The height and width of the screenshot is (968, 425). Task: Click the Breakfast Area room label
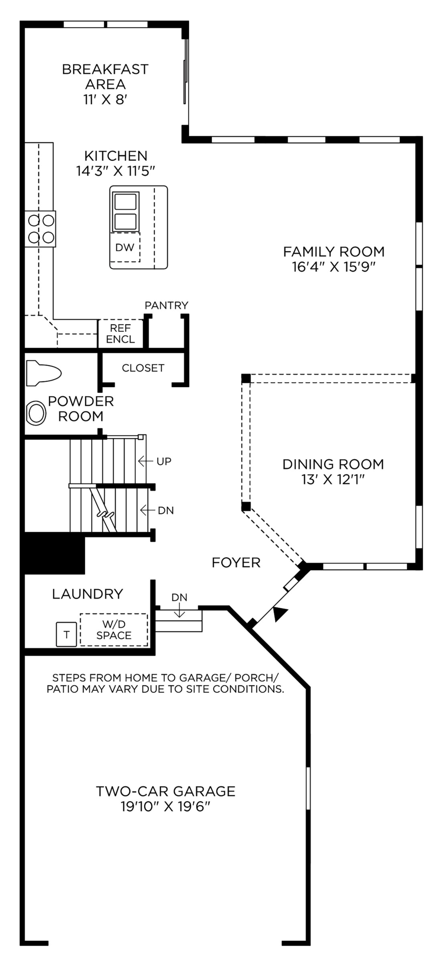(105, 76)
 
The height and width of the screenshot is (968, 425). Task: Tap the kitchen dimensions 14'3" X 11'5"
(115, 171)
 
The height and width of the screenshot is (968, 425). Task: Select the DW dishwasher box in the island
(125, 247)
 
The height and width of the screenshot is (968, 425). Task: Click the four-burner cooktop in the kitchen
(41, 228)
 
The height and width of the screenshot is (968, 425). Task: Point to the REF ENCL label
(120, 333)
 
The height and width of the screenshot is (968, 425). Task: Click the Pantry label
(166, 305)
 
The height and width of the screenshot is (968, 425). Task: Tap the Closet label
(143, 368)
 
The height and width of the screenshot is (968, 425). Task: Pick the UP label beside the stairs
(164, 461)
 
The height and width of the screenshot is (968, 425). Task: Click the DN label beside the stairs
(165, 510)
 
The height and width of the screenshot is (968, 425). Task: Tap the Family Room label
(333, 251)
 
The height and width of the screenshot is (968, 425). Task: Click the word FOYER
(236, 563)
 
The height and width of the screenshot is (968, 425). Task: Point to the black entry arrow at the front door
(280, 615)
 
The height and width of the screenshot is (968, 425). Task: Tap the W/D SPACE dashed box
(114, 630)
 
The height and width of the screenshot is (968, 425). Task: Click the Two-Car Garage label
(165, 791)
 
